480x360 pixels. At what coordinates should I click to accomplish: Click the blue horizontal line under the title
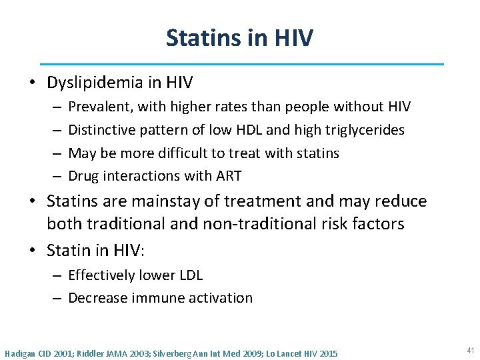tap(241, 65)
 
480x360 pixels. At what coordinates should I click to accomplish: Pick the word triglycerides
tap(364, 130)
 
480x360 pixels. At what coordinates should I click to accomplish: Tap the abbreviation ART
tap(228, 176)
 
